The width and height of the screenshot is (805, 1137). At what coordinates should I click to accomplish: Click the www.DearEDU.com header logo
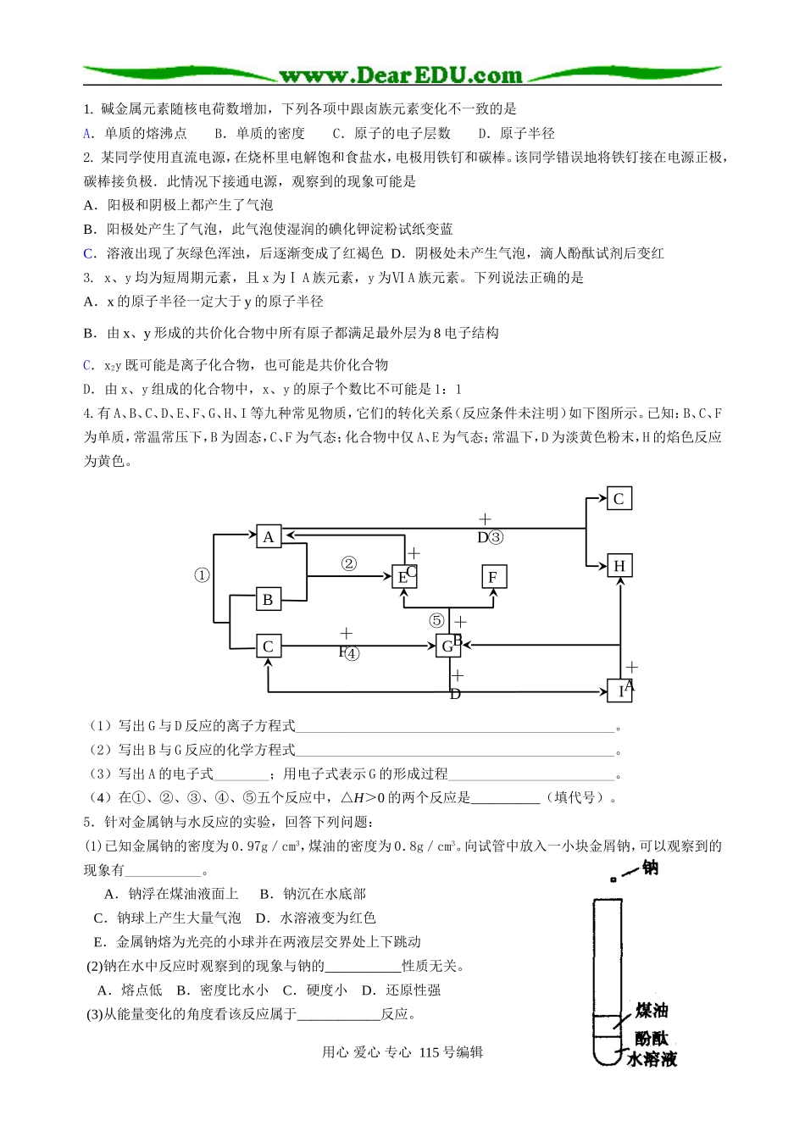pos(401,75)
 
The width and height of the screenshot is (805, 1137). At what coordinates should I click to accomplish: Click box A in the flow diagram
pos(269,536)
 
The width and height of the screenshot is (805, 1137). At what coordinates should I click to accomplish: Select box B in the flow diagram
pos(268,600)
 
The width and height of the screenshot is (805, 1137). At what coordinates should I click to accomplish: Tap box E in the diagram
pos(402,578)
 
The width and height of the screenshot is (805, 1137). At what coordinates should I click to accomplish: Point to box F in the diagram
pos(493,578)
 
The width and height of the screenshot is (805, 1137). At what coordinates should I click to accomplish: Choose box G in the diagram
pos(447,646)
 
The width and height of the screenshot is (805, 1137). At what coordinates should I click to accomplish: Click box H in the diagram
pos(619,566)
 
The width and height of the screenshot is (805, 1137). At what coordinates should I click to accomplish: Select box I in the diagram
pos(620,691)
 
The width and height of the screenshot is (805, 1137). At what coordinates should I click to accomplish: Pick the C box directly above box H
pos(619,499)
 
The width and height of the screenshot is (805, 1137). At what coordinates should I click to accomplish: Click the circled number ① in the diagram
pos(202,575)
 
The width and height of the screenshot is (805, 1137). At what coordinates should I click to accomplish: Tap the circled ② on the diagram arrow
pos(348,563)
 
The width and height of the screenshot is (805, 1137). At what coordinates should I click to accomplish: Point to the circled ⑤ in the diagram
pos(436,621)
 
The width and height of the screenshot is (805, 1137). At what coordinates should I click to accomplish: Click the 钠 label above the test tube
pos(650,868)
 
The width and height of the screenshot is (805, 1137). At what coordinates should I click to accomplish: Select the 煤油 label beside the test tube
pos(652,1010)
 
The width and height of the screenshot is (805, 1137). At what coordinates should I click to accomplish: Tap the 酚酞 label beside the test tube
pos(652,1038)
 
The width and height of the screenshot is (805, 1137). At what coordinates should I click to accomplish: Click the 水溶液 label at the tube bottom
pos(652,1059)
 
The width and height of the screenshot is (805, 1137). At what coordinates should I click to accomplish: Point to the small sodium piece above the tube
pos(613,880)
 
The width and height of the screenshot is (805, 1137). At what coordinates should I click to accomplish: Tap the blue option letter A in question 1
pos(87,133)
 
